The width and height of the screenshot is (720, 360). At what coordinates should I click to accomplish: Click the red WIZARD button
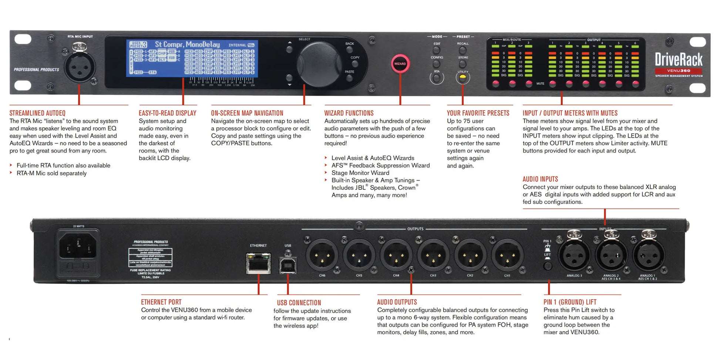pos(400,64)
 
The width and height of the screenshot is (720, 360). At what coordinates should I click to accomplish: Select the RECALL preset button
pos(462,50)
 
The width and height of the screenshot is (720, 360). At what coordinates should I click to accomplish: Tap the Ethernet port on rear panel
pos(258,263)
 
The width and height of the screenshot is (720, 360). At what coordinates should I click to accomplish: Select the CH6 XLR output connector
pos(322,256)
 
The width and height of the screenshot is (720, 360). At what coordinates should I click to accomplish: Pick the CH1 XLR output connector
pos(508,256)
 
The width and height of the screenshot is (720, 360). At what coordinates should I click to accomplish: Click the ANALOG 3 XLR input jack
pos(574,255)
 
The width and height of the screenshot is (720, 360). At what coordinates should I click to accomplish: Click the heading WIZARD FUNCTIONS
pos(349,113)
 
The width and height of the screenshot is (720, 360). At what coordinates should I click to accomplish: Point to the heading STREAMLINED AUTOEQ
pos(37,113)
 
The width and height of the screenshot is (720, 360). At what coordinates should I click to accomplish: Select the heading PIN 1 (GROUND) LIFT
pos(570,302)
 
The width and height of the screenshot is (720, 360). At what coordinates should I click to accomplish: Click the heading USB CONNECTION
pos(299,303)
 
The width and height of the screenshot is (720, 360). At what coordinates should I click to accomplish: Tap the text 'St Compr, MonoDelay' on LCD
pos(187,44)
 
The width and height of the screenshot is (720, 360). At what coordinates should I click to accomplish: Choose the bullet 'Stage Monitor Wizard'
pos(360,173)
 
